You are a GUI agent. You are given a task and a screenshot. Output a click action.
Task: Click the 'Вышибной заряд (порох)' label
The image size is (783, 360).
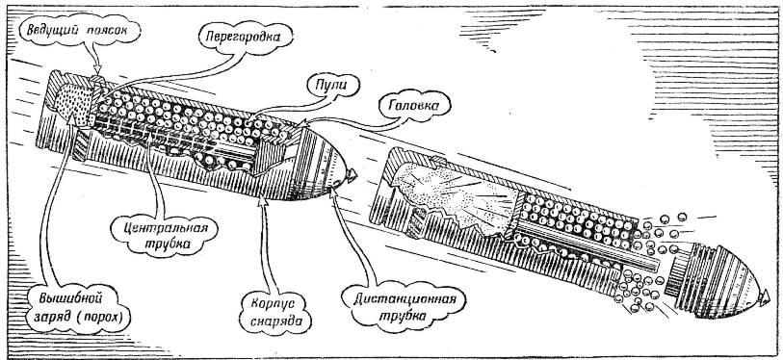[79, 308]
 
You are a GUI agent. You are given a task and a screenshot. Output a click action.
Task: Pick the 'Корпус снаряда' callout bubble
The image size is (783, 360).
[275, 313]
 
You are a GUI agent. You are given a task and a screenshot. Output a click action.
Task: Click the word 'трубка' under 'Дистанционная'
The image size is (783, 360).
[403, 316]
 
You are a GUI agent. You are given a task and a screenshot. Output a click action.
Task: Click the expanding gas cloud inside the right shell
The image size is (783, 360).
[455, 195]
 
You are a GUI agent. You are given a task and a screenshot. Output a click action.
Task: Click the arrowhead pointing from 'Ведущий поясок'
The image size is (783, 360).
[98, 69]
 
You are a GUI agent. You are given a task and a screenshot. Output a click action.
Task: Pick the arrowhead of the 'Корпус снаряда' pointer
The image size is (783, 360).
[263, 202]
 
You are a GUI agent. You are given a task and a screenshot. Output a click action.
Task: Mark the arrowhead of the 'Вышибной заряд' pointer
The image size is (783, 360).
[72, 119]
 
